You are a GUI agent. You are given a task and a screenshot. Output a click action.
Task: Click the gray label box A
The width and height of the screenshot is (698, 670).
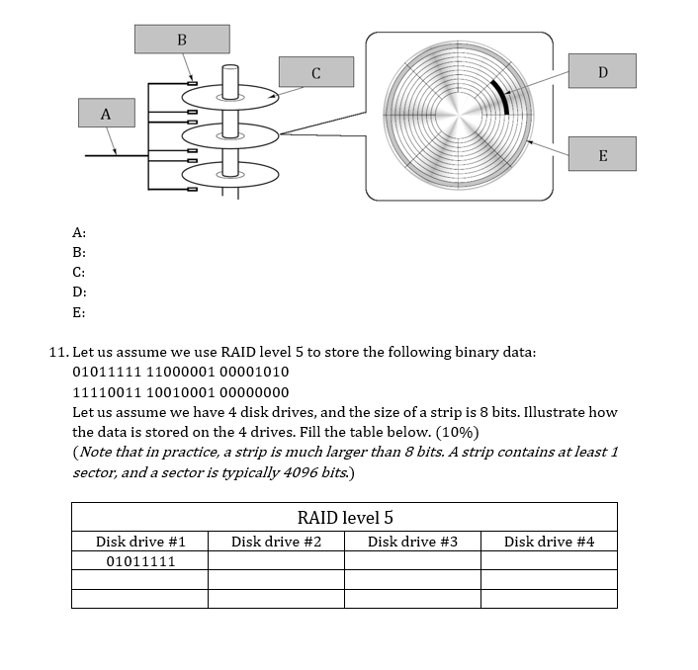tap(105, 114)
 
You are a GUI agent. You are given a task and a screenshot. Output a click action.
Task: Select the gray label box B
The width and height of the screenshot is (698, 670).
tap(182, 40)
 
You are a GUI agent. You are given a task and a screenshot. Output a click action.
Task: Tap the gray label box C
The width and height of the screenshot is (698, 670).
tap(315, 71)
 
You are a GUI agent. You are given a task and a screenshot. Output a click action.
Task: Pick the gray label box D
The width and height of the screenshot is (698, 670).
tap(602, 71)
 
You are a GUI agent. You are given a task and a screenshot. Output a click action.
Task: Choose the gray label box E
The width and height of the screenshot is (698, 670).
tap(602, 155)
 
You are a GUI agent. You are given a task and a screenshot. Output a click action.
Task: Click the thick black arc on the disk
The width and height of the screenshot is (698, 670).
tap(502, 95)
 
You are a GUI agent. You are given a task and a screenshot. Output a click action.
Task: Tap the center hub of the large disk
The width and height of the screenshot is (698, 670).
tap(459, 118)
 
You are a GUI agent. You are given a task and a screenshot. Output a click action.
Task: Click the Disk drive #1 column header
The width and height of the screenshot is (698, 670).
tap(139, 542)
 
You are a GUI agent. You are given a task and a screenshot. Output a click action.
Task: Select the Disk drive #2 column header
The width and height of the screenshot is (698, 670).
tap(276, 542)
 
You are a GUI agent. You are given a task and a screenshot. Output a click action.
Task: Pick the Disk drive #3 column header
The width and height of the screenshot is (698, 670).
tap(412, 542)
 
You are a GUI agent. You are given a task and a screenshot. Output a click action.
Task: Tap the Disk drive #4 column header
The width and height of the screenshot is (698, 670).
tap(549, 542)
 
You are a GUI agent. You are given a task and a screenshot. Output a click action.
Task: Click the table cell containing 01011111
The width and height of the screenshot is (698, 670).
tap(139, 561)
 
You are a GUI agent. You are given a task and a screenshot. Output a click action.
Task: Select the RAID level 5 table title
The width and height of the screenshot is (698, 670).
tap(344, 518)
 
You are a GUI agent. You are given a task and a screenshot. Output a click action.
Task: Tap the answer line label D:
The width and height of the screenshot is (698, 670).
tap(79, 293)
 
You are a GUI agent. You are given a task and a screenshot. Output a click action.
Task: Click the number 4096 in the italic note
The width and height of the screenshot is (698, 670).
tap(289, 472)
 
